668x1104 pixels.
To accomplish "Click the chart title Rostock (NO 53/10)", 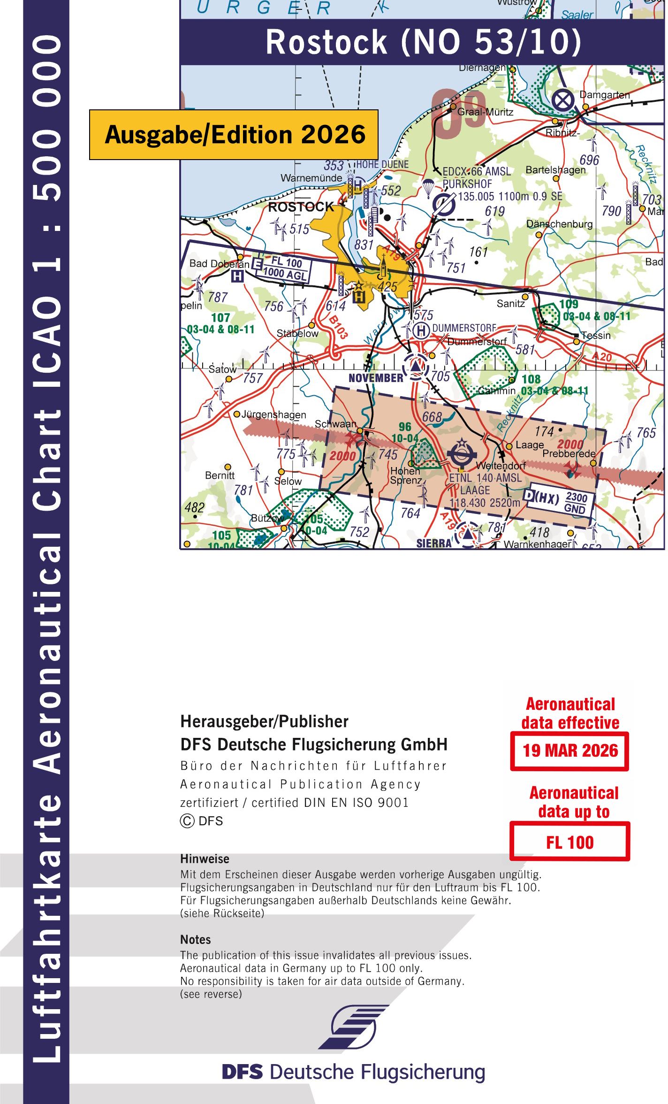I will (423, 42).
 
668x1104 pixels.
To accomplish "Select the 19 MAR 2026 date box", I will (570, 751).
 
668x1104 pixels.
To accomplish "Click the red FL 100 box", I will (569, 843).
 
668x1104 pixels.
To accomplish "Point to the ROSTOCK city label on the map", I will (301, 207).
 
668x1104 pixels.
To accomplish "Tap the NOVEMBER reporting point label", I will (376, 378).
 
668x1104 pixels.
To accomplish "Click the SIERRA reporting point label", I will (434, 543).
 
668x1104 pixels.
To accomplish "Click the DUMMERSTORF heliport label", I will (464, 328).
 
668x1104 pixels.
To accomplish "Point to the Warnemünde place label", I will (311, 178).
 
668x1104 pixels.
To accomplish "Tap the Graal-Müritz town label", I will (485, 112).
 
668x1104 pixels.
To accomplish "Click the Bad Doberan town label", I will (219, 264).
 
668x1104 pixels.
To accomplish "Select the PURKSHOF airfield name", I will (467, 184).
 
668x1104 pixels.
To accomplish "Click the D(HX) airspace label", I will (541, 497).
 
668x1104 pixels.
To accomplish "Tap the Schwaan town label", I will (335, 424).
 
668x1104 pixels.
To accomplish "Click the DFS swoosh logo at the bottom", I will (354, 1027).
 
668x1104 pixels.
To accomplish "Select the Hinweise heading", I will (205, 859).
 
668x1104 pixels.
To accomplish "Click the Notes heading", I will (196, 940).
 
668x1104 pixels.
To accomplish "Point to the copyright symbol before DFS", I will (187, 821).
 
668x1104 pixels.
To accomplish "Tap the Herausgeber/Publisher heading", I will (265, 721).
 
